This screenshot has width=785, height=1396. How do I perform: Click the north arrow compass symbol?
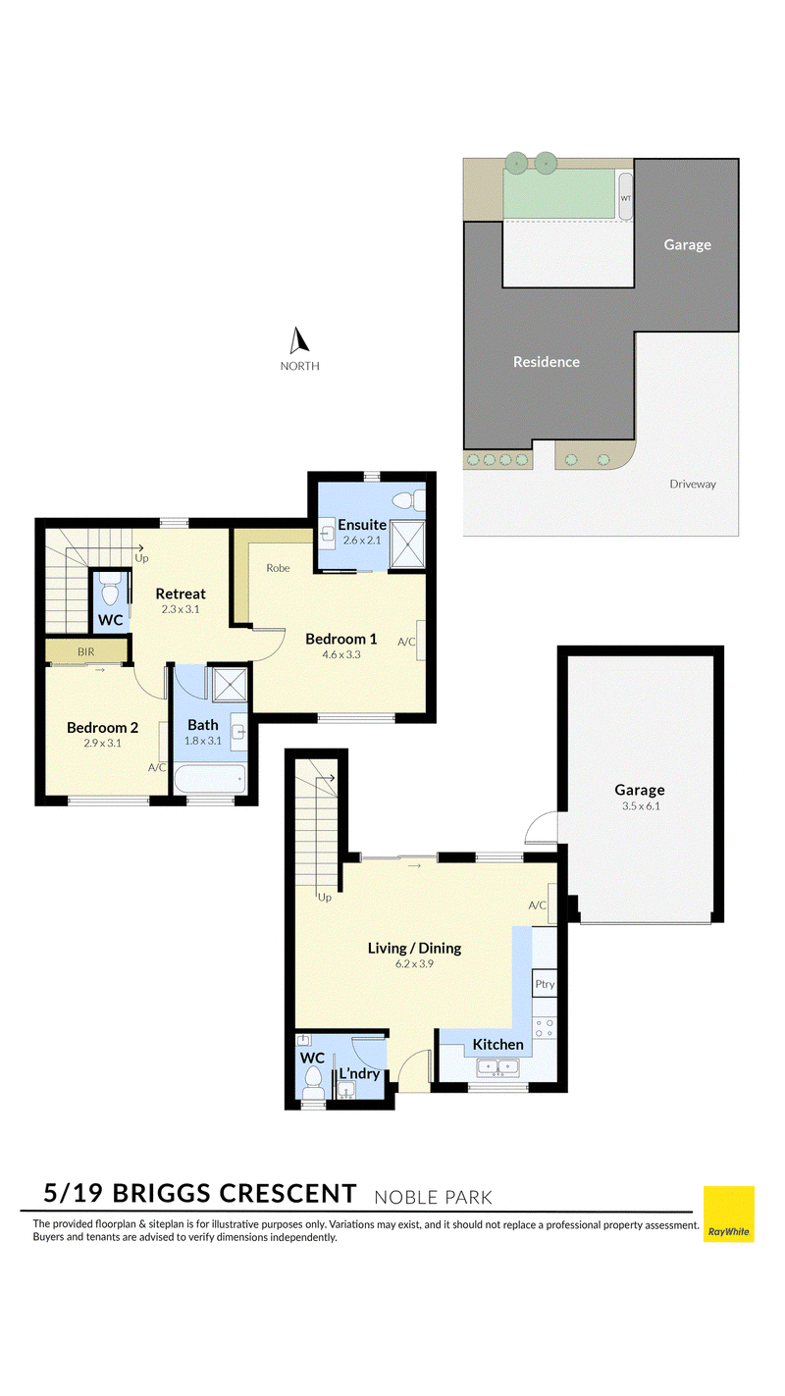pos(299,340)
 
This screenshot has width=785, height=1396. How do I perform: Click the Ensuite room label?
pos(362,525)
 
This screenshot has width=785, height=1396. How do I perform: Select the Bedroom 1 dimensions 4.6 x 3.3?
pos(341,654)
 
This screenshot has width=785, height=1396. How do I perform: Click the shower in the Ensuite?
pos(407,544)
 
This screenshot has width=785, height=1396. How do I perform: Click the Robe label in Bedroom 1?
pos(278,568)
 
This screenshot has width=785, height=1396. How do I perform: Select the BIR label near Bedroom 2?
pos(86,651)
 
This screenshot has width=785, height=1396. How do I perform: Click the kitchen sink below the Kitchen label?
pos(497,1068)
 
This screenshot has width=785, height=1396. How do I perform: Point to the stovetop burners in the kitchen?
pos(544,1028)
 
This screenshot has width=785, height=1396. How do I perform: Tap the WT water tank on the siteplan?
pos(625,197)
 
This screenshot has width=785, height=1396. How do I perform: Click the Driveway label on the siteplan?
pos(693,484)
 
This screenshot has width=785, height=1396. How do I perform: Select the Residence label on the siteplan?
pos(547,361)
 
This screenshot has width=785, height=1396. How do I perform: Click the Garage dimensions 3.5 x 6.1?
pos(641,805)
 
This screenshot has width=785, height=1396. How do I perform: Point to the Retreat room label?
pos(181,594)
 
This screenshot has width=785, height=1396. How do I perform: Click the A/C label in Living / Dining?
pos(537,905)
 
